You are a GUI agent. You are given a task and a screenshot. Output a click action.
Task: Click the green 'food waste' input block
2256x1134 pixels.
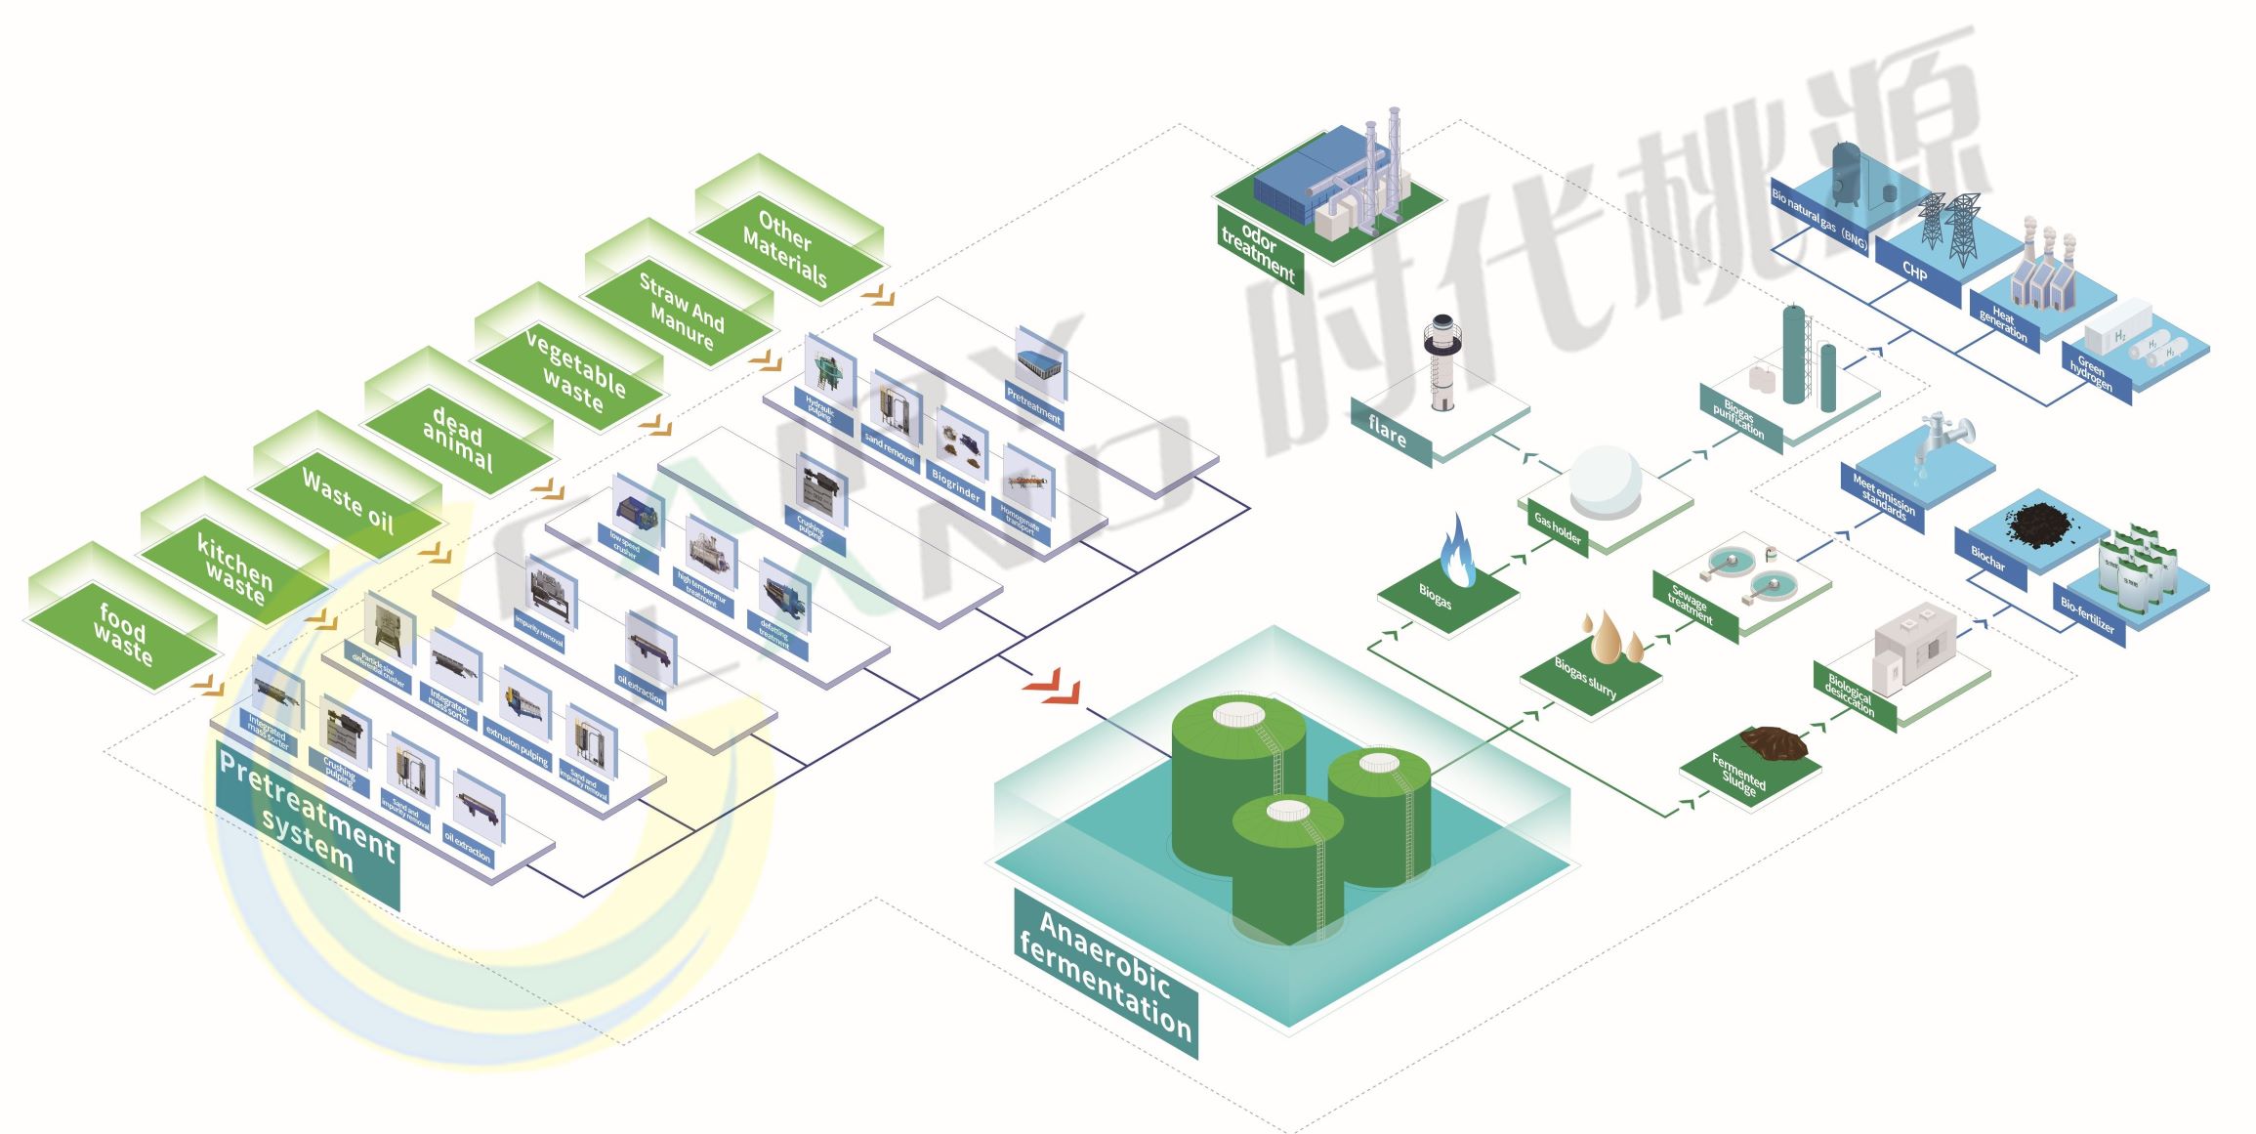pyautogui.click(x=122, y=634)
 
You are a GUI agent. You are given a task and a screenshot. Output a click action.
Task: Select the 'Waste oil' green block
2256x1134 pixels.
pyautogui.click(x=348, y=501)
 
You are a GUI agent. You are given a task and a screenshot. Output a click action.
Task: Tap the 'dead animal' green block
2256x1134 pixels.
pyautogui.click(x=457, y=439)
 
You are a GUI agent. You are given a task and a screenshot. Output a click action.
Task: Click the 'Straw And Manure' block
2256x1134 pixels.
pyautogui.click(x=681, y=311)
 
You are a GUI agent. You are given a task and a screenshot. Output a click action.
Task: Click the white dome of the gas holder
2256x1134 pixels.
pyautogui.click(x=1605, y=480)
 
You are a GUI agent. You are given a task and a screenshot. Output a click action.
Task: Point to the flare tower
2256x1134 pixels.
pyautogui.click(x=1441, y=361)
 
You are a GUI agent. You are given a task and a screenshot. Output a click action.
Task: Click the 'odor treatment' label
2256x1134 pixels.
pyautogui.click(x=1258, y=251)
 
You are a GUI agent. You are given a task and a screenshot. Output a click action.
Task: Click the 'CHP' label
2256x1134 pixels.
pyautogui.click(x=1915, y=272)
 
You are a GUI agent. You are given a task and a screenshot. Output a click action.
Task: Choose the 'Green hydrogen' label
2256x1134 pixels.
pyautogui.click(x=2091, y=372)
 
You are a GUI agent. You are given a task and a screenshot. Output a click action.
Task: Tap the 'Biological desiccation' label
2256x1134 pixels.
pyautogui.click(x=1851, y=694)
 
